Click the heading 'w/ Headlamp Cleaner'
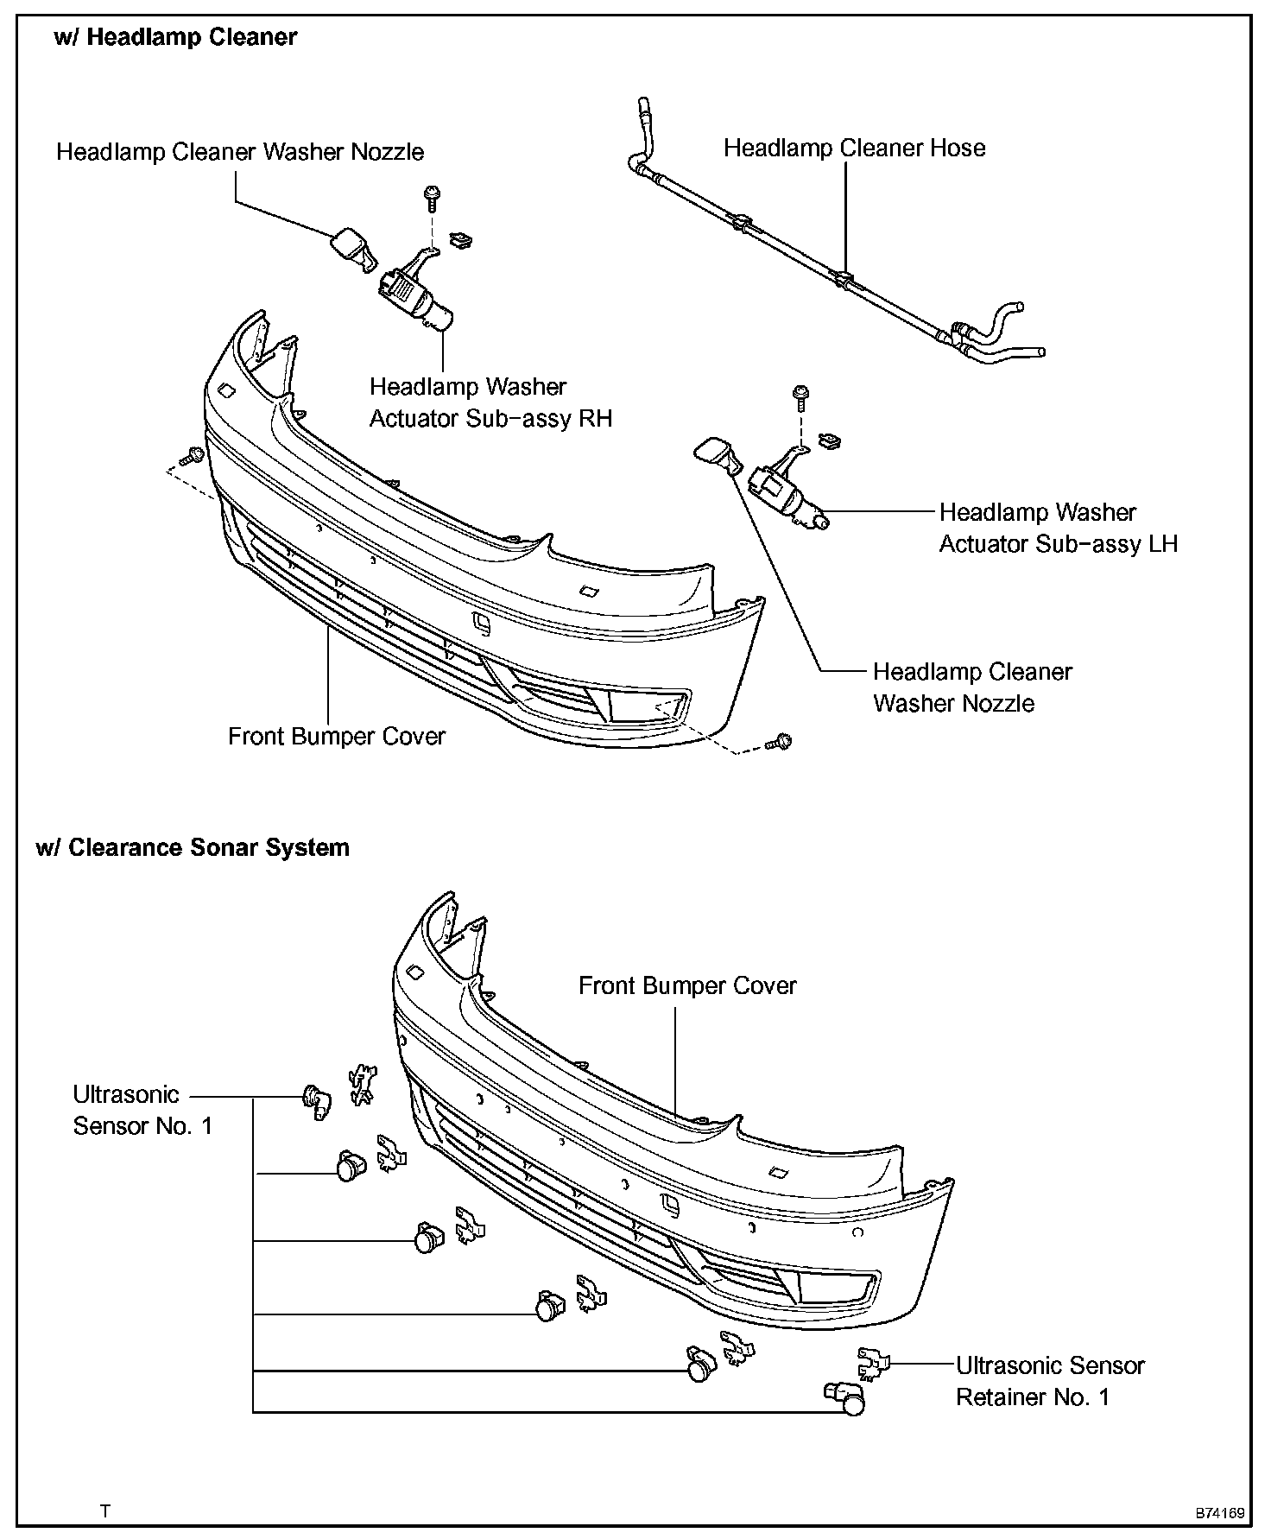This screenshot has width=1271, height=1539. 175,38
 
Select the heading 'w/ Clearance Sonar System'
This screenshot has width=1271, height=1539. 193,847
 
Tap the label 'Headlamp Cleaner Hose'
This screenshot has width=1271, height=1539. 854,149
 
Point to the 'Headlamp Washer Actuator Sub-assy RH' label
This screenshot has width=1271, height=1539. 490,402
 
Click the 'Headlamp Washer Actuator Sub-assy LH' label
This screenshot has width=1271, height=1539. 1058,528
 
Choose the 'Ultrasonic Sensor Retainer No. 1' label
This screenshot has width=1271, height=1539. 1049,1381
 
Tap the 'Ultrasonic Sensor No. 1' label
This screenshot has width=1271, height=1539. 142,1110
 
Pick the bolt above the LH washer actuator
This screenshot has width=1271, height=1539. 801,395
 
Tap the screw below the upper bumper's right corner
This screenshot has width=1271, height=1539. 780,741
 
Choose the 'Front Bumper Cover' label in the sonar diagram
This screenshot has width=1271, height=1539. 687,985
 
